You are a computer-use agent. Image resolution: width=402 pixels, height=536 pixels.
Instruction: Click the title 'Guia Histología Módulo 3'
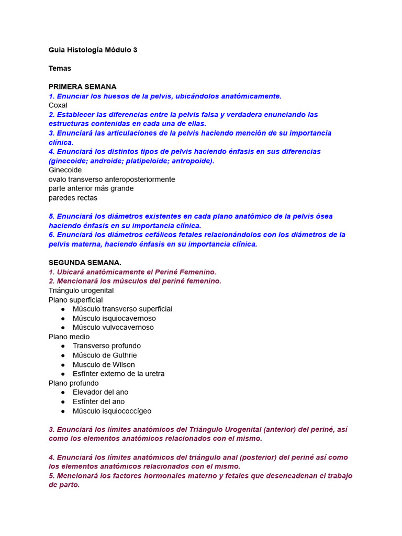pos(93,50)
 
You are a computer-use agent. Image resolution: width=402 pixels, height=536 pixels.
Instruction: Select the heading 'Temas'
pos(60,68)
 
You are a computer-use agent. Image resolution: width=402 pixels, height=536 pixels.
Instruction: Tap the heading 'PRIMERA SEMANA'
pos(82,86)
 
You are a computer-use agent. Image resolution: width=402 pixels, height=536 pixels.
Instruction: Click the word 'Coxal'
pos(58,105)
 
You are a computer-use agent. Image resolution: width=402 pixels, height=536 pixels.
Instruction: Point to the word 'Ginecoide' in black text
pos(65,170)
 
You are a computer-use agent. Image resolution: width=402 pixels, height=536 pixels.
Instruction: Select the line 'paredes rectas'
pos(73,198)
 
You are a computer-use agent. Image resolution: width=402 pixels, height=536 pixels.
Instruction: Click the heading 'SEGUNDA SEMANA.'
pos(85,262)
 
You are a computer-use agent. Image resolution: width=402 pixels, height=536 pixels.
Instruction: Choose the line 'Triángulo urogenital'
pos(81,291)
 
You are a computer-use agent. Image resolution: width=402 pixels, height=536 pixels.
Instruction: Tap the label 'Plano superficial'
pos(75,300)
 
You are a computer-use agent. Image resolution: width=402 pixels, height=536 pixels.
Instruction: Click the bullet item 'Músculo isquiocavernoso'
pos(114,318)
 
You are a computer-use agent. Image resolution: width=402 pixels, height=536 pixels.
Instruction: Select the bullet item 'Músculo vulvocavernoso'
pos(113,327)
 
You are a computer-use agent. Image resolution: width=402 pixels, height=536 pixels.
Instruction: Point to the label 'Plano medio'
pos(69,337)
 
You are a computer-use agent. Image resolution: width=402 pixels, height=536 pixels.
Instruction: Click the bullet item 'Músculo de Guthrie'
pos(105,355)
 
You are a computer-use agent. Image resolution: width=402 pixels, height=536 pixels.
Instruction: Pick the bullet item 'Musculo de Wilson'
pos(104,365)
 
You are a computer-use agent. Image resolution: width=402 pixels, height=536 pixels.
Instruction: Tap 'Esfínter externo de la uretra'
pos(118,374)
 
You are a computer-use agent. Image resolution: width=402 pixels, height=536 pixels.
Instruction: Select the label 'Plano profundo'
pos(73,383)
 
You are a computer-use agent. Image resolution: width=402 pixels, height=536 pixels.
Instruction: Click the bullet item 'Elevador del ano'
pos(100,392)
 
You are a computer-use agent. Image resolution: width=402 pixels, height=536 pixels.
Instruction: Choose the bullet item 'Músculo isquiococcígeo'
pos(112,411)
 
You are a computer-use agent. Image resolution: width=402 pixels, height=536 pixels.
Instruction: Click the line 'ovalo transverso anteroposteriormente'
pos(111,180)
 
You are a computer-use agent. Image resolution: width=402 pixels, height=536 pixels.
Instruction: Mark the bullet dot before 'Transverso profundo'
pos(63,346)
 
